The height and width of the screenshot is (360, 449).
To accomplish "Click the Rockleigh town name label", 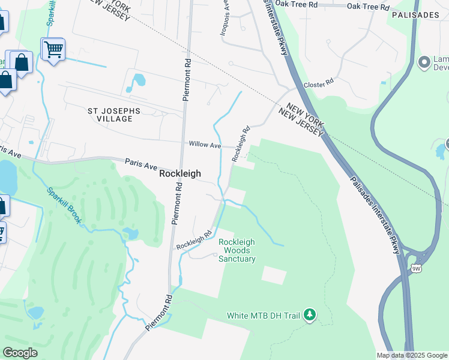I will coord(180,173).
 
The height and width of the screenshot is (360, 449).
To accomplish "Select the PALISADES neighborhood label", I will coord(415,14).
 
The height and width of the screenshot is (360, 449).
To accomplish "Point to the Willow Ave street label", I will coord(205,145).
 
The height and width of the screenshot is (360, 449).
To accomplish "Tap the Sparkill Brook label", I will coord(64,206).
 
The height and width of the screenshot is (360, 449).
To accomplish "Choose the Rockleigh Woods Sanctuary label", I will coord(237,250).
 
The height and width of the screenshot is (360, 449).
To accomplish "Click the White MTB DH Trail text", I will coord(264,315).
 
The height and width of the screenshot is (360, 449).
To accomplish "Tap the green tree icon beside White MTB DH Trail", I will coord(309,314).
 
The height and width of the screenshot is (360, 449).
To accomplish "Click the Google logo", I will coord(20,352).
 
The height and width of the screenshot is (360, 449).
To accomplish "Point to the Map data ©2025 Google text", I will coord(412,355).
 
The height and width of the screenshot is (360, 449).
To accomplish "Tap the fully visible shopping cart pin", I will coord(53,49).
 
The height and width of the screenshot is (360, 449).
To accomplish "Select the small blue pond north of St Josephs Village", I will coord(139,80).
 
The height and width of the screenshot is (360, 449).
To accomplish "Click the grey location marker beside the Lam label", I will coord(425,61).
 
